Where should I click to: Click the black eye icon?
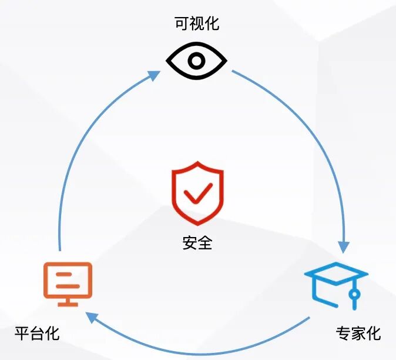(x=196, y=60)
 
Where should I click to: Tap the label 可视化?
(x=197, y=24)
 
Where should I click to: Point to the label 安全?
(x=197, y=242)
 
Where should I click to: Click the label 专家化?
(x=358, y=334)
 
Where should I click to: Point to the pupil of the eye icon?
(x=196, y=60)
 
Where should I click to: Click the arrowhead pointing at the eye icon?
(x=154, y=75)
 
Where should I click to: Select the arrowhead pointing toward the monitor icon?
(x=90, y=318)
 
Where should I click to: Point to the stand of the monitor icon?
(x=68, y=301)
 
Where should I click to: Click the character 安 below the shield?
(x=190, y=242)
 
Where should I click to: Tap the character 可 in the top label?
(x=182, y=24)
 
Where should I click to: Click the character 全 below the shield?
(x=205, y=242)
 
